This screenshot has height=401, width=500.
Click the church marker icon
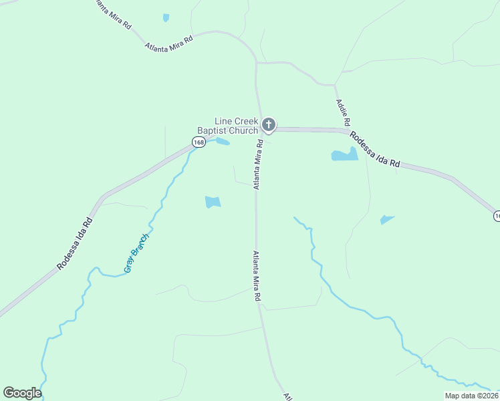(268, 124)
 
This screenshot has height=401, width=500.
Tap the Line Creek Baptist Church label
(227, 126)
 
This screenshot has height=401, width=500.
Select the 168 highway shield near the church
(199, 142)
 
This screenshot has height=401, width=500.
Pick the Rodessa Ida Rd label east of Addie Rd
(374, 149)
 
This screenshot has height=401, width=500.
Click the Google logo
(22, 393)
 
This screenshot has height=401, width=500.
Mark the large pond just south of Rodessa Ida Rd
(344, 155)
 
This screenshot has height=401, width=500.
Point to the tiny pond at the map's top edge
(166, 18)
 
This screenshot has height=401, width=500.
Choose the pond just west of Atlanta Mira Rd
(213, 201)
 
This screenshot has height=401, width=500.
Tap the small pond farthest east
(386, 219)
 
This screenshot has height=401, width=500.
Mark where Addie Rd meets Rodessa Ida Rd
(349, 130)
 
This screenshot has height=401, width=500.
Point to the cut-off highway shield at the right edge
(497, 216)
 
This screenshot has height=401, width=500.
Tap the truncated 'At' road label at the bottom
(287, 396)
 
